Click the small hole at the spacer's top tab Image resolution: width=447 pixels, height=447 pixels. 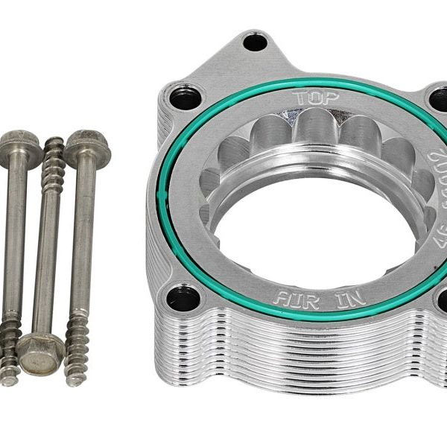(x=256, y=42)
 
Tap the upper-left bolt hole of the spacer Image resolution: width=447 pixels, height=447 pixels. (x=186, y=95)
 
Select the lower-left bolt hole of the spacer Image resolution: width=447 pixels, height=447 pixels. (x=183, y=298)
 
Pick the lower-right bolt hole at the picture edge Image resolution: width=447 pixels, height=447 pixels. (x=441, y=302)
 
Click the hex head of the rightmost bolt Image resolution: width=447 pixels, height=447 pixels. (x=86, y=148)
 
